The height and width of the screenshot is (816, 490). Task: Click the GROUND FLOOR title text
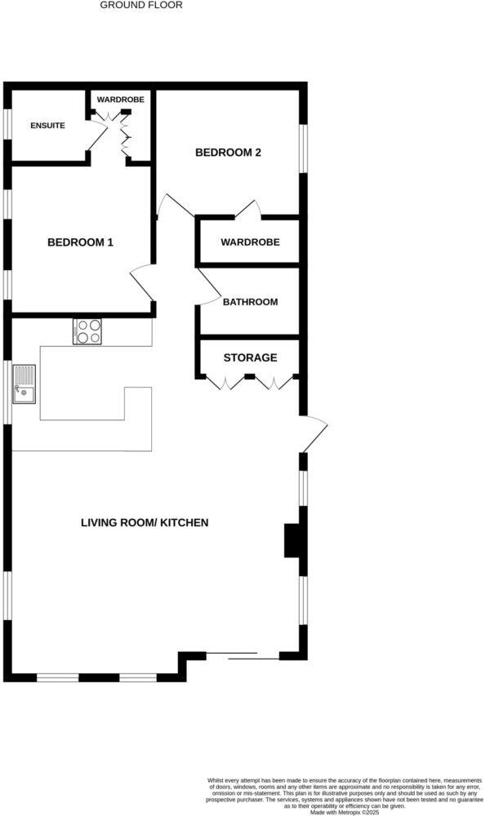point(141,5)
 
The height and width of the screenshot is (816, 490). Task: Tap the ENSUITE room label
point(47,126)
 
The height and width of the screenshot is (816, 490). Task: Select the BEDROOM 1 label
point(80,242)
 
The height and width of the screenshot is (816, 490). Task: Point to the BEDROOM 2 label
point(228,152)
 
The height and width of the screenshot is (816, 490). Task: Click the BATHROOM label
point(250,302)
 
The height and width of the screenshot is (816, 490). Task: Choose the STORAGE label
point(250,357)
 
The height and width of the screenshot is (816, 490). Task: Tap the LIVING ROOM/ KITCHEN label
point(145,522)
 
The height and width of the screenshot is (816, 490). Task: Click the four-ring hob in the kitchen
point(87,331)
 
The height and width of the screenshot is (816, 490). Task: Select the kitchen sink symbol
point(24,385)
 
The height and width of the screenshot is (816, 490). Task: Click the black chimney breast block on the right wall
point(292,540)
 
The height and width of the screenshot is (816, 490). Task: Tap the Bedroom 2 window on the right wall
point(302,148)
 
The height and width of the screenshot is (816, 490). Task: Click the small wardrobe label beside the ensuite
point(121,100)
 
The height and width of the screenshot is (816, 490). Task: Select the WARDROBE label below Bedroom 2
point(250,242)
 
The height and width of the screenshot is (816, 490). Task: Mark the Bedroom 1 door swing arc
point(140,284)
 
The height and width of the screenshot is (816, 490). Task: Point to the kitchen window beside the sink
point(9,392)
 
